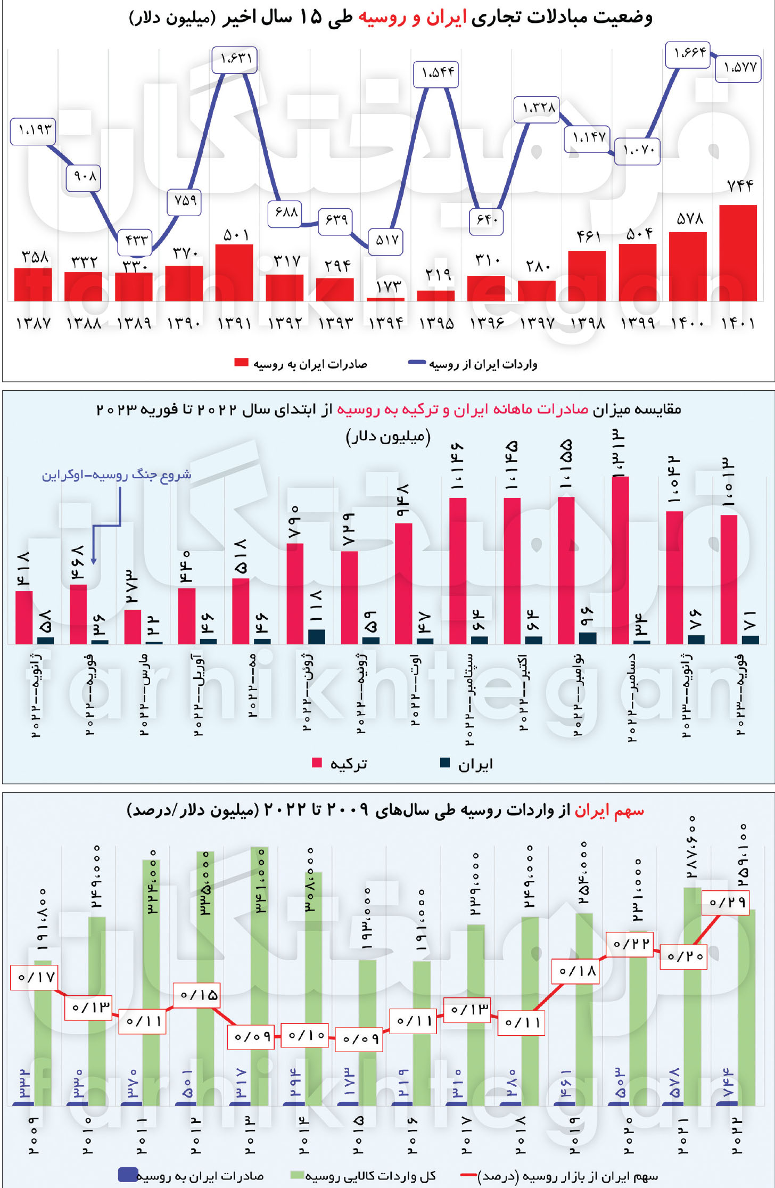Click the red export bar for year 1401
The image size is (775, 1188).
738,253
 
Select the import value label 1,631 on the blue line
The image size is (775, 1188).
235,59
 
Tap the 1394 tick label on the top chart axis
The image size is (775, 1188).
386,323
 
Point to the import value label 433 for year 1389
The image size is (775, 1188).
135,240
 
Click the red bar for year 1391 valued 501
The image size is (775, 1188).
234,273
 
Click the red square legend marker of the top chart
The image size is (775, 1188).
241,363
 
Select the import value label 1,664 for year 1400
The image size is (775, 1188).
688,53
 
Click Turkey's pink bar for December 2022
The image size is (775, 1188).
621,559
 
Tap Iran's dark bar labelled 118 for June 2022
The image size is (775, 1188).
317,636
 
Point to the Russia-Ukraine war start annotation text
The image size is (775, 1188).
117,475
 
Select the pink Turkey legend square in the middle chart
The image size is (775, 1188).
317,763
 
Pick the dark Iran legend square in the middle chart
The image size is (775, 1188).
445,763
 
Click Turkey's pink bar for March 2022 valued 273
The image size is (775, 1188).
133,626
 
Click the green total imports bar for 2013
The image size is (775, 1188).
259,974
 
